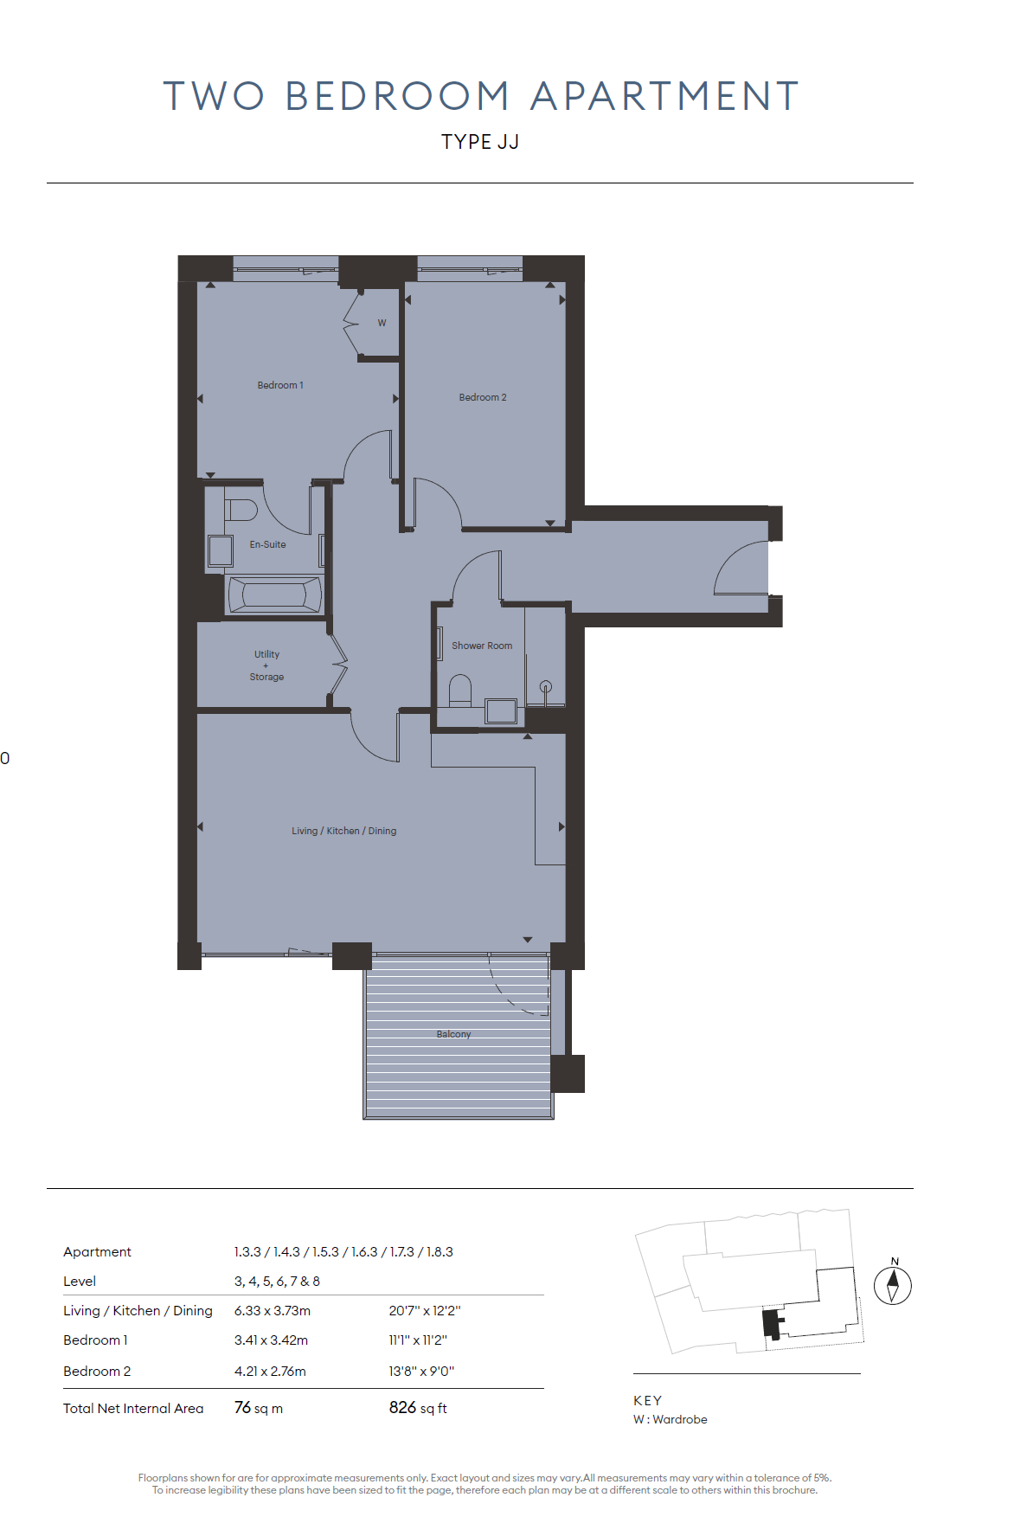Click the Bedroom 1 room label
pos(280,385)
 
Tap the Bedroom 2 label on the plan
pos(483,397)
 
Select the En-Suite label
pos(267,544)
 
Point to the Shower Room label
pos(482,646)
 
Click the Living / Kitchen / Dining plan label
pos(344,831)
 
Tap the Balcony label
pos(453,1034)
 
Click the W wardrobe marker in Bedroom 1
pos(382,323)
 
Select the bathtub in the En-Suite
pos(273,594)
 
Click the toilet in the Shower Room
pos(460,691)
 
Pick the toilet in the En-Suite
pos(241,510)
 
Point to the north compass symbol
pos(893,1282)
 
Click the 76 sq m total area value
pos(259,1408)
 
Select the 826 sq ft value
pos(418,1408)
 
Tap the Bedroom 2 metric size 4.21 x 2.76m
pos(270,1371)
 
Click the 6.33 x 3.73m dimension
pos(273,1310)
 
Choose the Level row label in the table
pos(80,1281)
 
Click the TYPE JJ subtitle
pos(480,142)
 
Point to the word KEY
pos(648,1400)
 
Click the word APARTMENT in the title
pos(664,96)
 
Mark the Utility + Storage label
pos(266,665)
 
